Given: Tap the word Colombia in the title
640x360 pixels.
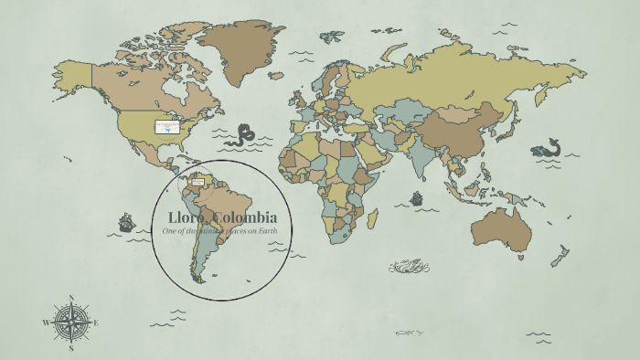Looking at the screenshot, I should click(243, 217).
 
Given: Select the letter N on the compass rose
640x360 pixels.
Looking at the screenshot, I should click(71, 298).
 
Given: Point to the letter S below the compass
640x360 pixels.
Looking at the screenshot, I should click(71, 348).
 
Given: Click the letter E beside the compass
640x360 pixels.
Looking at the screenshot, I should click(96, 323).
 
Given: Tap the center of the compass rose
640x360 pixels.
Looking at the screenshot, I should click(71, 323).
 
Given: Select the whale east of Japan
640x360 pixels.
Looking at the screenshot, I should click(547, 149).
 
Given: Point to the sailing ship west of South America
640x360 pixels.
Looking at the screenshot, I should click(126, 222).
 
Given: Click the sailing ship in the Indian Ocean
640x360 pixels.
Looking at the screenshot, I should click(417, 198).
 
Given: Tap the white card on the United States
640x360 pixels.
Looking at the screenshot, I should click(166, 127).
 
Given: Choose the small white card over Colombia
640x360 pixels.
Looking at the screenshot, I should click(197, 181).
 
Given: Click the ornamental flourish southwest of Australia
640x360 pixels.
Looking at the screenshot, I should click(409, 266).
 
